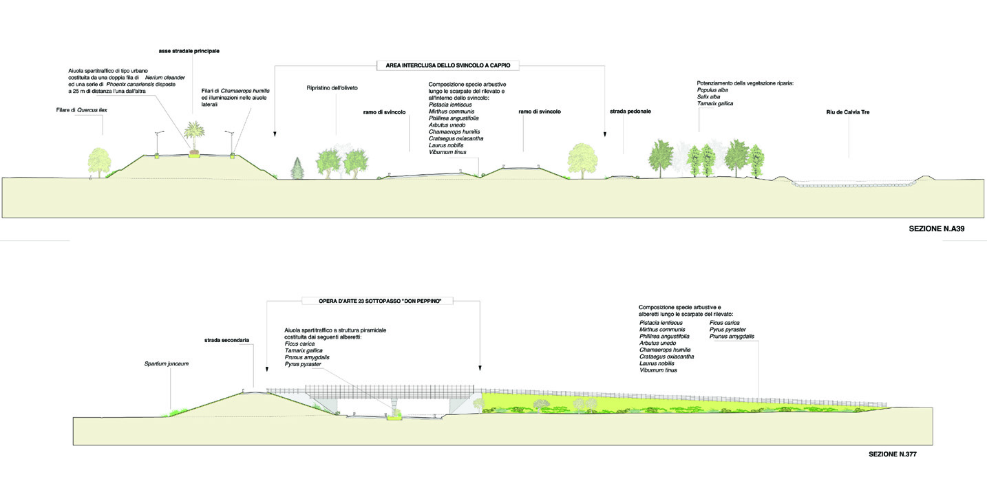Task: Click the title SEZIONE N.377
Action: (x=893, y=454)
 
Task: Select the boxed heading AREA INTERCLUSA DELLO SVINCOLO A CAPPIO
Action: (x=447, y=66)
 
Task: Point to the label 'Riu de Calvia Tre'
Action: (x=848, y=111)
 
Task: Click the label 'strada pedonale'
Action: (x=630, y=111)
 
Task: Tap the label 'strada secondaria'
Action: (x=226, y=340)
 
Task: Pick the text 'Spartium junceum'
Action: (x=166, y=363)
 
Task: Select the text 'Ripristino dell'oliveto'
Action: (x=332, y=89)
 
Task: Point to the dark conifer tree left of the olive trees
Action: (x=298, y=167)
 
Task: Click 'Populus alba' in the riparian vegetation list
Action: (x=712, y=89)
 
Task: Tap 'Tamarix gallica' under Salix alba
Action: (x=715, y=103)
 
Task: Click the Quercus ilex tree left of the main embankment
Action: (x=100, y=160)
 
